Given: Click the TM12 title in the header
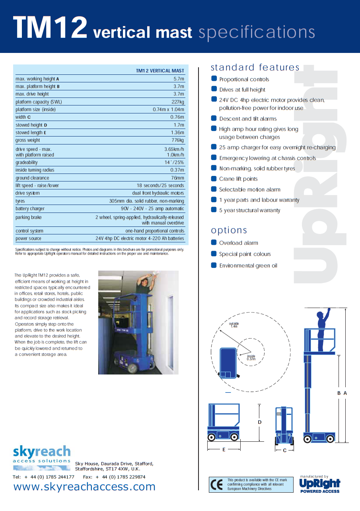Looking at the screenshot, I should (x=50, y=28).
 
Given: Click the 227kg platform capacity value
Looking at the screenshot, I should (x=178, y=102).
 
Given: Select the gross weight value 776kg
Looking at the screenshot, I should (x=177, y=140).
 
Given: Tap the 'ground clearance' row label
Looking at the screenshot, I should (x=32, y=178).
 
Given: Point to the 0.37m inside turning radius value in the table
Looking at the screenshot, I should (x=177, y=170).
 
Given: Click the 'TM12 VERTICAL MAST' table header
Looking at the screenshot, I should (x=160, y=71).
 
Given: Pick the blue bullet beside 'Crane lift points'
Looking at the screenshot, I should (x=214, y=179).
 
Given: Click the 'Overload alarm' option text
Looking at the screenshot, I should (x=238, y=243).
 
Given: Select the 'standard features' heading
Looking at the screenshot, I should (x=255, y=67).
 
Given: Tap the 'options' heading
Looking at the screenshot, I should (x=229, y=230).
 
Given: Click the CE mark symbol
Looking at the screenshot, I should (x=217, y=485).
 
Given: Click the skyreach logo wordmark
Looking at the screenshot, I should (x=42, y=452).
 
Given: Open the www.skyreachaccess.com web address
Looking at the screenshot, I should (x=84, y=487).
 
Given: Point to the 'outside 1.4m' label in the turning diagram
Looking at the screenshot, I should (x=234, y=325).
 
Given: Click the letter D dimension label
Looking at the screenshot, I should (x=260, y=422).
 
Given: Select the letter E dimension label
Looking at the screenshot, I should (x=224, y=449).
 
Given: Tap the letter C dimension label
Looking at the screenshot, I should (x=285, y=451).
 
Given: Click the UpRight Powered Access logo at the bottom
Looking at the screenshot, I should (x=320, y=484).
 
